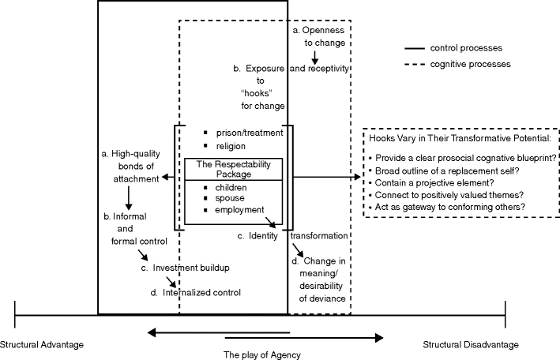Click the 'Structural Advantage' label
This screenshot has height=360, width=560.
[x=41, y=344]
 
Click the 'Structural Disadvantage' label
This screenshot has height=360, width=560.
[x=471, y=344]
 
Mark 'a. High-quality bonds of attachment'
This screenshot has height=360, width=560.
[x=131, y=165]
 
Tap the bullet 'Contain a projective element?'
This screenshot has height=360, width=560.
[x=439, y=182]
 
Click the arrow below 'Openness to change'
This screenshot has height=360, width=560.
[x=314, y=58]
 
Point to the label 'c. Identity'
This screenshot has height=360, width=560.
[x=257, y=235]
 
